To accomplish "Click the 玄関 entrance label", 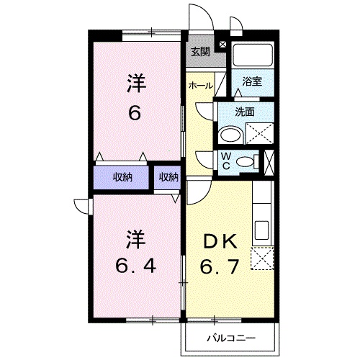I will [200, 51].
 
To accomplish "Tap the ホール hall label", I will [199, 86].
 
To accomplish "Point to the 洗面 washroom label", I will [246, 112].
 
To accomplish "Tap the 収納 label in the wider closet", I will [122, 176].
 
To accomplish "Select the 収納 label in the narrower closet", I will [168, 176].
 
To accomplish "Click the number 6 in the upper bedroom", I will [135, 113].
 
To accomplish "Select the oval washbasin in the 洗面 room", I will [230, 134].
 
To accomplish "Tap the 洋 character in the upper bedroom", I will [135, 82].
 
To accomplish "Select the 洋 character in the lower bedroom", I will [135, 237].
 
